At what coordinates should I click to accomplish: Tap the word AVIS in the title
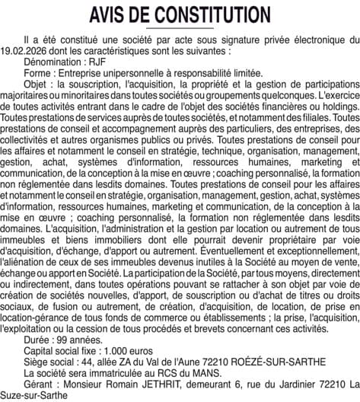pyautogui.click(x=111, y=14)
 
